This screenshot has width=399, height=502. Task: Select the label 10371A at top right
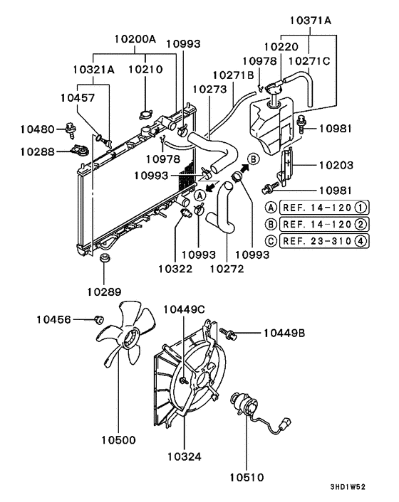click(311, 21)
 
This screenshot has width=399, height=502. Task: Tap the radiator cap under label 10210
click(146, 114)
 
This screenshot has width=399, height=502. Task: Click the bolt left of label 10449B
click(230, 332)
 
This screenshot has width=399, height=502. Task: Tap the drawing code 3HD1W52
click(348, 487)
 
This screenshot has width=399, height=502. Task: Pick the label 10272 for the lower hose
click(227, 270)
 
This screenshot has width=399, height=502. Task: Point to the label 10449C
click(185, 309)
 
